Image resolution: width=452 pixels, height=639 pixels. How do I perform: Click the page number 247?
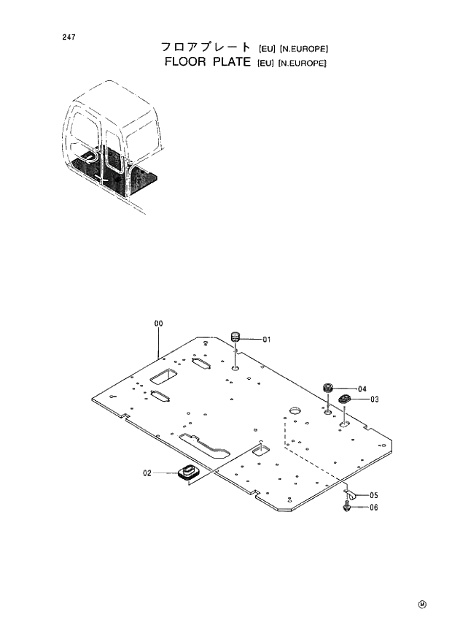(x=69, y=37)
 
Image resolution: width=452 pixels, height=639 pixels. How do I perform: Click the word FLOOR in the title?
(x=184, y=62)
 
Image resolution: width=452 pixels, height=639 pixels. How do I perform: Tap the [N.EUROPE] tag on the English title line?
(x=302, y=64)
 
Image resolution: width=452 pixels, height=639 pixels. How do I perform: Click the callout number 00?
(x=158, y=323)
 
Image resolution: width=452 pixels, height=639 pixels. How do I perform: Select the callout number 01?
(x=267, y=339)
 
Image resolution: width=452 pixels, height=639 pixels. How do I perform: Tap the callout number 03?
(x=374, y=399)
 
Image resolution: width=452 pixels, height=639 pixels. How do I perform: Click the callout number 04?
(x=362, y=389)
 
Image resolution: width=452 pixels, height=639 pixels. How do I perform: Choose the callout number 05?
(x=373, y=495)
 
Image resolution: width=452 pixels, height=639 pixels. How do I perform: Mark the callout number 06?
(x=373, y=508)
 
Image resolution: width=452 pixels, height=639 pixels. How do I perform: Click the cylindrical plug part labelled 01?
(x=236, y=338)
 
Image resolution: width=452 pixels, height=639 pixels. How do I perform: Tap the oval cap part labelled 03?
(x=344, y=399)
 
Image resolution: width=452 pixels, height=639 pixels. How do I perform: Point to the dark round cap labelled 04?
(x=330, y=387)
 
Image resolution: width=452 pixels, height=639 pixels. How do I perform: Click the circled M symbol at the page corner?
(x=422, y=604)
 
